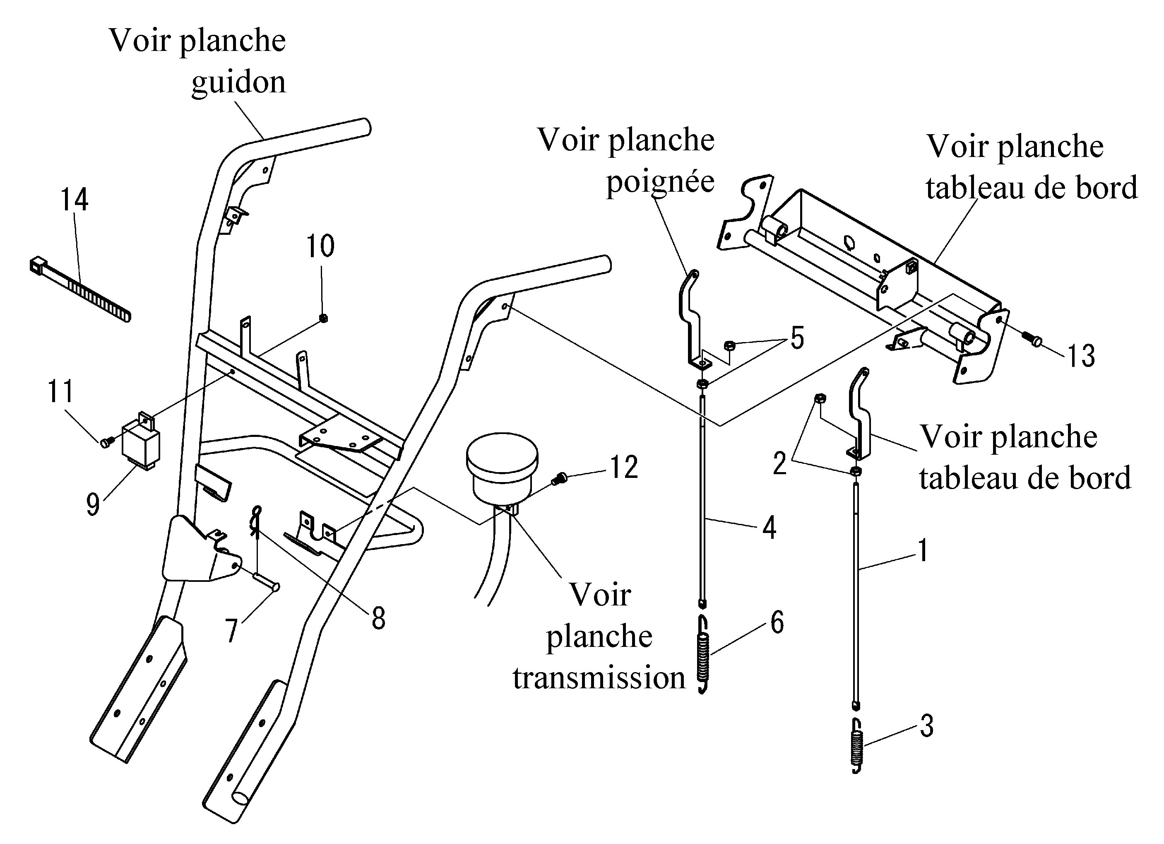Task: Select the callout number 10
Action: (x=320, y=246)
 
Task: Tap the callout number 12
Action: (x=623, y=467)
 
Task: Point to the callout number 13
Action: (x=1081, y=355)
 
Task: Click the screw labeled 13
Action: (x=1032, y=340)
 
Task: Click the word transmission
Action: (x=599, y=678)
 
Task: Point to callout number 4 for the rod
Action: (x=769, y=527)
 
